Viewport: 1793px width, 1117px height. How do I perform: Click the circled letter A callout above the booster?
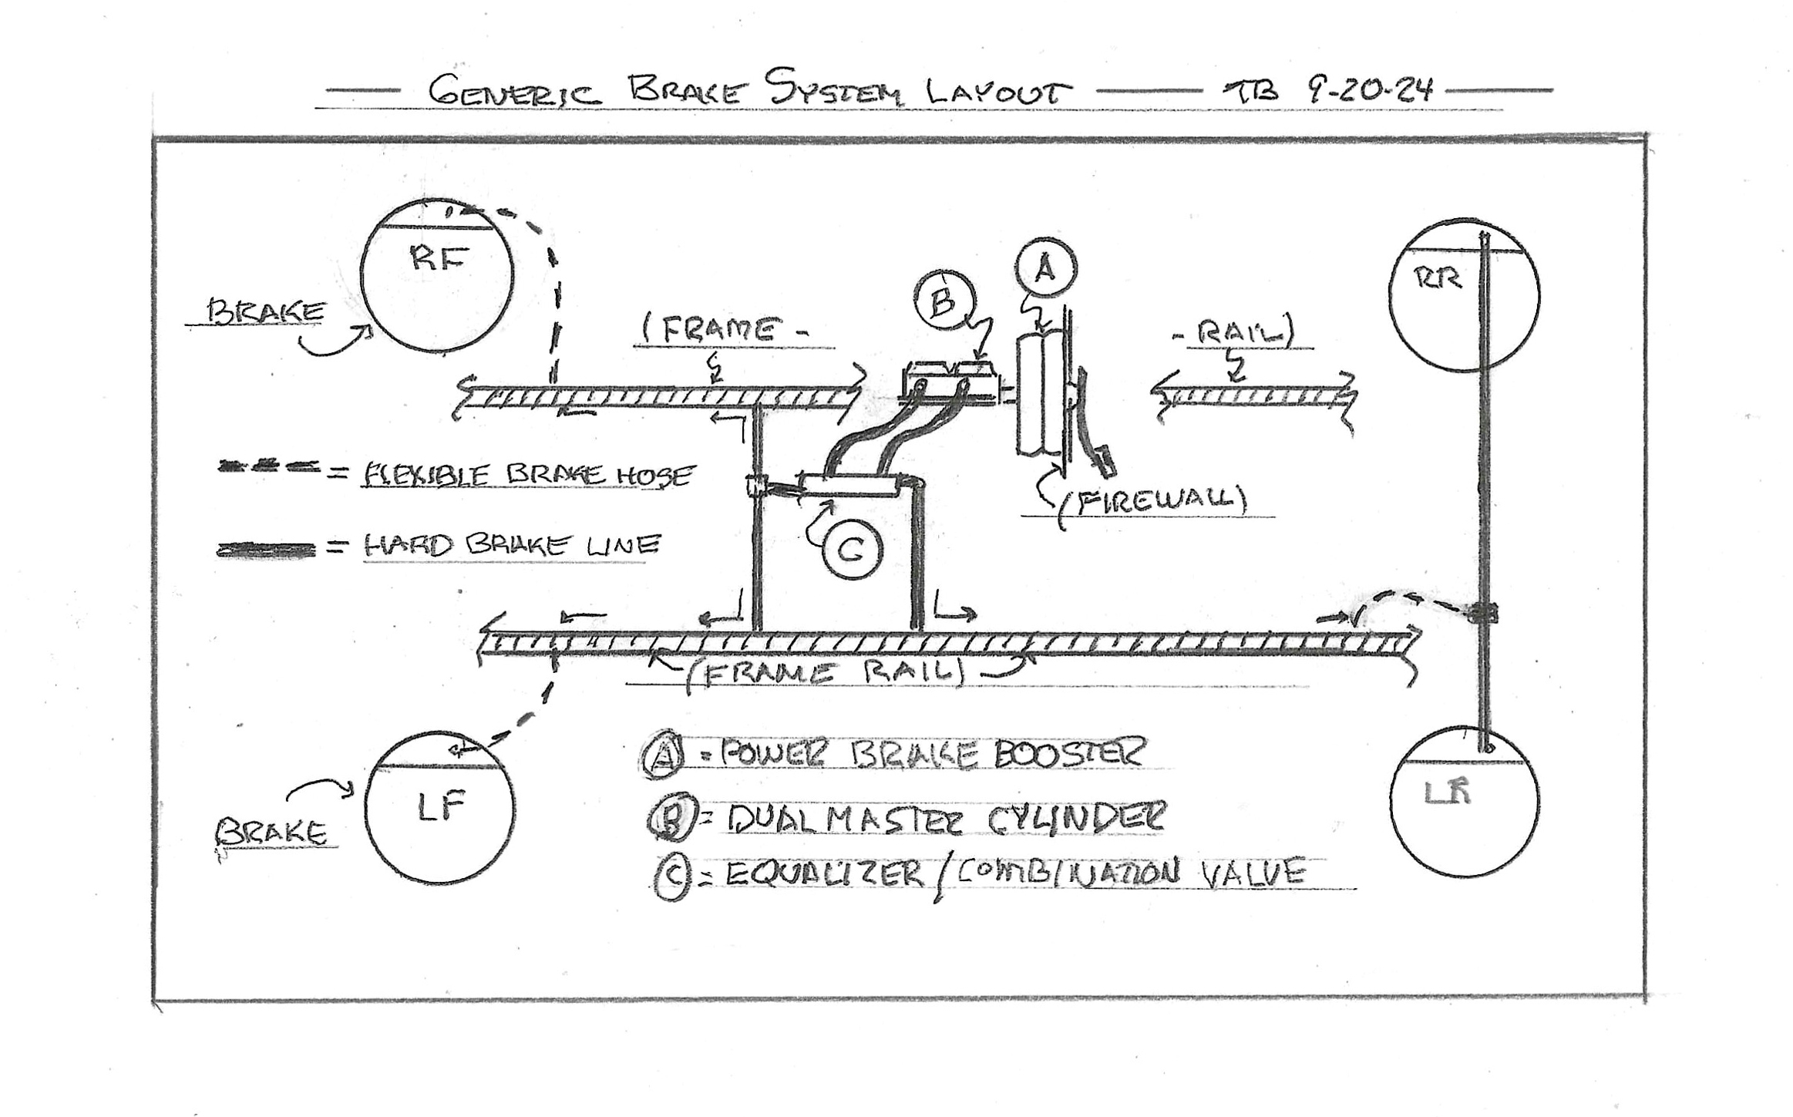click(1045, 268)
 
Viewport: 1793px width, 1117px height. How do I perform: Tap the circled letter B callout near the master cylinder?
click(944, 301)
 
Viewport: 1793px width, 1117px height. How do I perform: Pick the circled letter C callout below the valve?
click(851, 550)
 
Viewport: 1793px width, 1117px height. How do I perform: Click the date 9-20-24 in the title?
click(1370, 91)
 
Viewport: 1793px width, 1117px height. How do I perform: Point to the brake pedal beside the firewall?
click(1095, 432)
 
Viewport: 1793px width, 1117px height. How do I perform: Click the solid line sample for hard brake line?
click(267, 550)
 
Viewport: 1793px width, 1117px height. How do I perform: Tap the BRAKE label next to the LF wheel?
click(271, 833)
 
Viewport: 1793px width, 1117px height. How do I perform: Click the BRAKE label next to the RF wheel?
click(267, 311)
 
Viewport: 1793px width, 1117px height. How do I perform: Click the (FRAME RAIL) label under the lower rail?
click(825, 673)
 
